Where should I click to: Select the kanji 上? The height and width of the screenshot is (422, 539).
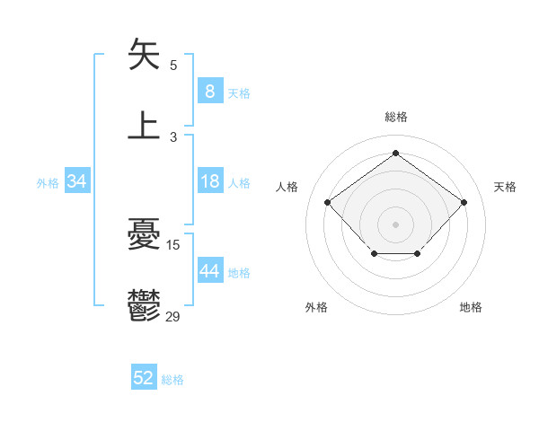[x=145, y=126]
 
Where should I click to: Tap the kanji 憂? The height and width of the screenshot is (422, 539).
[x=145, y=235]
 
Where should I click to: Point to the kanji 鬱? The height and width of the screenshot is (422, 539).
[x=145, y=305]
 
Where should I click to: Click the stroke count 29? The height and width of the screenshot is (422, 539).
[x=173, y=316]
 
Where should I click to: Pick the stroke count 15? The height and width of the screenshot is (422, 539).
[x=173, y=244]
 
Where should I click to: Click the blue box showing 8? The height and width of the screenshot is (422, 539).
[x=209, y=92]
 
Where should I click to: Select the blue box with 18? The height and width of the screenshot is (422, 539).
[x=209, y=182]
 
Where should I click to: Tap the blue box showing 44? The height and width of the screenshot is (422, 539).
[x=209, y=271]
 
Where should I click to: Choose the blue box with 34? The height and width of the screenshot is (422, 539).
[x=77, y=182]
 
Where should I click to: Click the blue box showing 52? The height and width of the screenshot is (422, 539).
[x=144, y=379]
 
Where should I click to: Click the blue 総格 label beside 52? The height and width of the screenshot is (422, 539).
[x=172, y=380]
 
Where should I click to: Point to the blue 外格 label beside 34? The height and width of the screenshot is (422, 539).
[x=48, y=183]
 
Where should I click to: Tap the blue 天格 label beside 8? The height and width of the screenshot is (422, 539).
[x=239, y=92]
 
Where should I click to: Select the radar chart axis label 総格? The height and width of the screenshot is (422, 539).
[x=395, y=117]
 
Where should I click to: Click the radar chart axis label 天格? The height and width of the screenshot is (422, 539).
[x=505, y=187]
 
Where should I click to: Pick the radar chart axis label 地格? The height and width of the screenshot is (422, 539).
[x=471, y=307]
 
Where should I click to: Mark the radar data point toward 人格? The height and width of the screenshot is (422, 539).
[x=328, y=202]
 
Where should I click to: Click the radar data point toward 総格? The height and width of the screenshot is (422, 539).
[x=395, y=153]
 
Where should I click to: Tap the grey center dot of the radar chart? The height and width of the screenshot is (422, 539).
[x=395, y=224]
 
